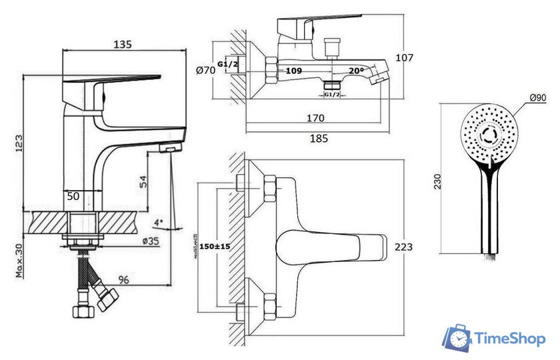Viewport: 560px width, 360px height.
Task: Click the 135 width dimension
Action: tap(122, 44)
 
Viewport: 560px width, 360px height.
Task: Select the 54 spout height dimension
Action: tap(143, 181)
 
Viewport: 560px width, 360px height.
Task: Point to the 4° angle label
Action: tap(158, 222)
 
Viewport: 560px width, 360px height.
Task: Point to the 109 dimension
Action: tap(293, 70)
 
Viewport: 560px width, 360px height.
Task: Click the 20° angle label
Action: tap(355, 70)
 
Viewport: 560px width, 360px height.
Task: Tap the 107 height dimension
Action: tap(404, 58)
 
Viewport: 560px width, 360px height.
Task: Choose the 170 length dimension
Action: tap(315, 118)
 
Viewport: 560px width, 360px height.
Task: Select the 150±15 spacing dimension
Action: tap(215, 247)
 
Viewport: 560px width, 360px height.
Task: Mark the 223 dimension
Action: tap(403, 247)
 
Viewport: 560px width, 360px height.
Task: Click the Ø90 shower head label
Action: tap(538, 98)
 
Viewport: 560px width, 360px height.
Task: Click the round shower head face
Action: tap(489, 133)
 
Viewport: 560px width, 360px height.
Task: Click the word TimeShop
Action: tap(508, 339)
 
